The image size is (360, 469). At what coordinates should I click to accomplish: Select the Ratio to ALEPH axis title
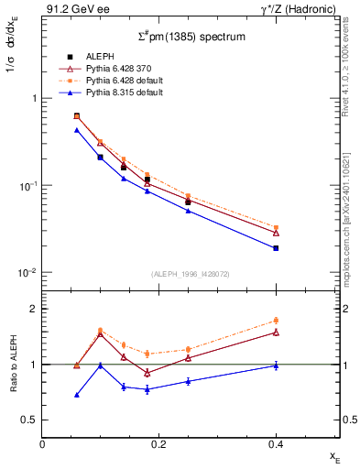[12, 364]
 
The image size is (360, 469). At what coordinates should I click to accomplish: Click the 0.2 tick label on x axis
[158, 443]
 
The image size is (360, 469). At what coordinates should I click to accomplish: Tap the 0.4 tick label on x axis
[275, 443]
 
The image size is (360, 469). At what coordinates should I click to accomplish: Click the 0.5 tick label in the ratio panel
[28, 420]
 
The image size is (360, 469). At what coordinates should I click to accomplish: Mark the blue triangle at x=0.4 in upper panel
[276, 248]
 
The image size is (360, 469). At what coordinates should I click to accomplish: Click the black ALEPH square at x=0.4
[276, 247]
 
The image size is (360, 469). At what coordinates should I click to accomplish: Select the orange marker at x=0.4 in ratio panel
[276, 321]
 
